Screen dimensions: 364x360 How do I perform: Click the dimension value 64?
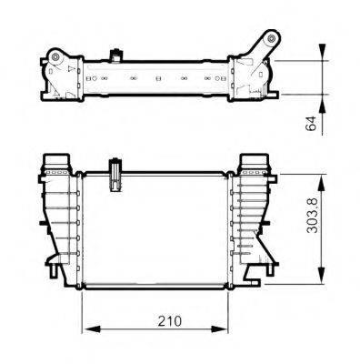311,123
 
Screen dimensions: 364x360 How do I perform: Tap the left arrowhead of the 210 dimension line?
88,330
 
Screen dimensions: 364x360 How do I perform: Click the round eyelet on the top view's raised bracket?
270,40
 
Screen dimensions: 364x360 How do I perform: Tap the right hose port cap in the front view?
254,165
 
